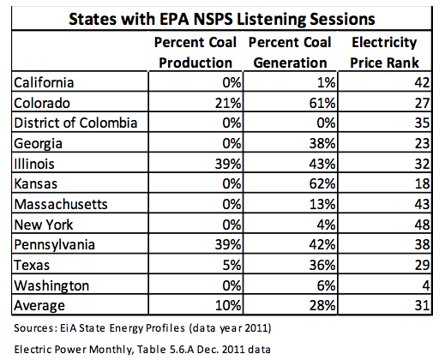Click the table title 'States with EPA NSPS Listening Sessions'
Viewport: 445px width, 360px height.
222,19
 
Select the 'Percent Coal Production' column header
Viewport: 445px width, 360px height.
195,52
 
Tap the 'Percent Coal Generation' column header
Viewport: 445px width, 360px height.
290,52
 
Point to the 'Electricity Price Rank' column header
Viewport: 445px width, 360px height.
384,52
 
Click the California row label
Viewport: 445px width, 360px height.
44,82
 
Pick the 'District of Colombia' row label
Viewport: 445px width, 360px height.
75,123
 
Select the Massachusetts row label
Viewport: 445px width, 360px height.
61,204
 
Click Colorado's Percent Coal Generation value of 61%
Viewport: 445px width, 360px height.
322,103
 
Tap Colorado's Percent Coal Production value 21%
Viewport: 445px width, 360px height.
228,103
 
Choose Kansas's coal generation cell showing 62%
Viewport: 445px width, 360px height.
322,183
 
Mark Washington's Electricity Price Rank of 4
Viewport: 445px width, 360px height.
426,285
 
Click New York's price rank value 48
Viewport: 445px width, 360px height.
422,225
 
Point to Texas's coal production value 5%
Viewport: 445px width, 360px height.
232,265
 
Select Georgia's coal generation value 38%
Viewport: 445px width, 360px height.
322,143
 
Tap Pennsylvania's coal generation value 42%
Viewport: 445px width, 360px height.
322,244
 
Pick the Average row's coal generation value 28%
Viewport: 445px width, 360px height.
322,305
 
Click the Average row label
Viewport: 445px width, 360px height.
39,306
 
